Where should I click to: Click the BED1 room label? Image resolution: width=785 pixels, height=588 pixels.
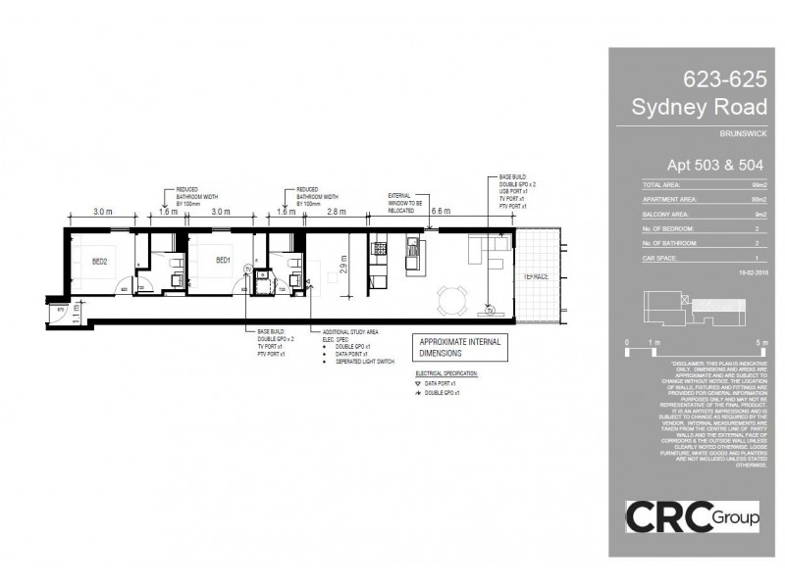(x=222, y=260)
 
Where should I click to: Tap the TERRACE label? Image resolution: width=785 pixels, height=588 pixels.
(x=536, y=278)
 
